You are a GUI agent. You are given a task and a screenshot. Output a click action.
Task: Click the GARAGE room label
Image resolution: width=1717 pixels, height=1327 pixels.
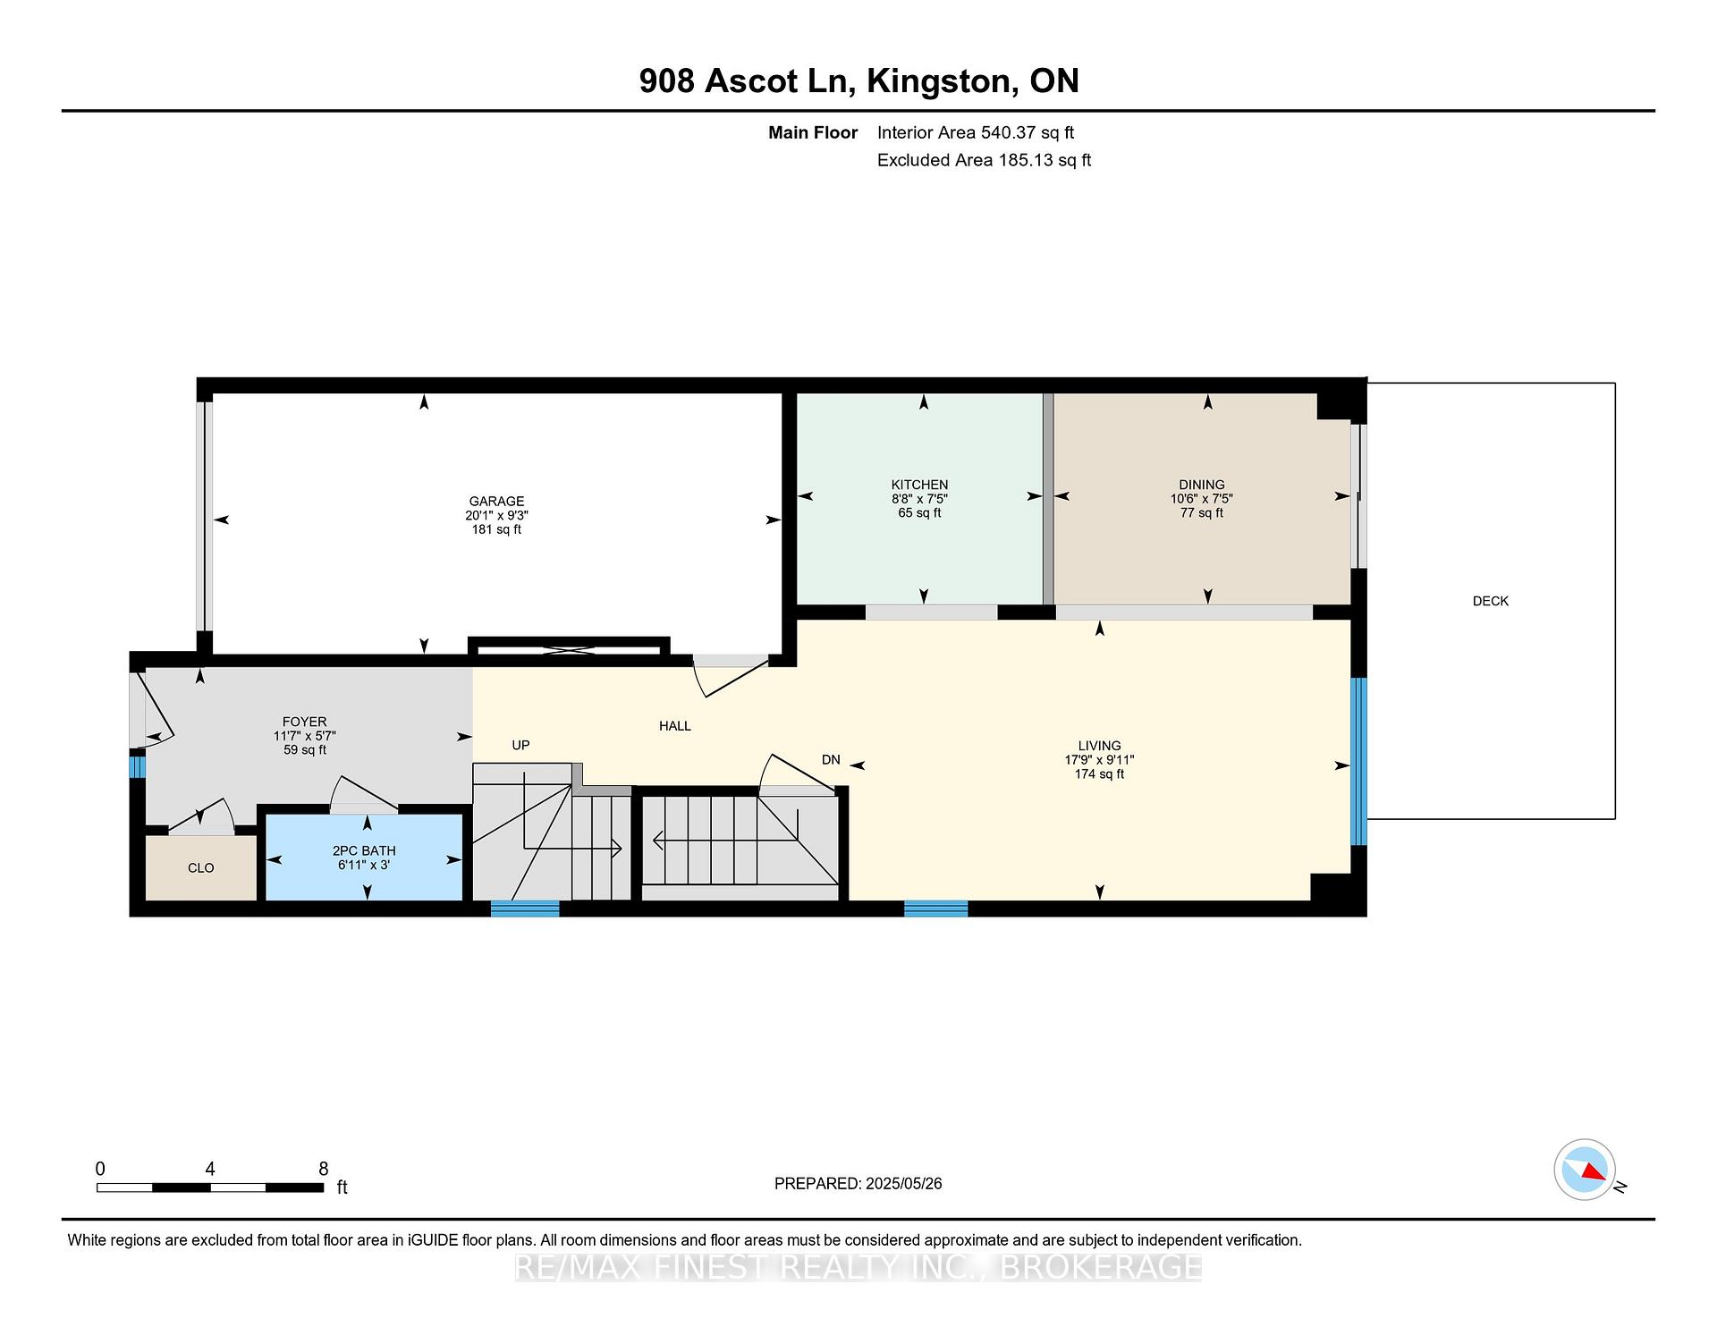pyautogui.click(x=496, y=501)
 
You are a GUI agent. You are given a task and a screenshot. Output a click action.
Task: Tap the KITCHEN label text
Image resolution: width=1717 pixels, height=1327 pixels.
pyautogui.click(x=919, y=485)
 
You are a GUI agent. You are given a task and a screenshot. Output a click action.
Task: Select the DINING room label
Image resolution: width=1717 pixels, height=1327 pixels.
pyautogui.click(x=1202, y=485)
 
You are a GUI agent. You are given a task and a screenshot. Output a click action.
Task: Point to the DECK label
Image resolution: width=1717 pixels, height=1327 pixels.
pyautogui.click(x=1491, y=601)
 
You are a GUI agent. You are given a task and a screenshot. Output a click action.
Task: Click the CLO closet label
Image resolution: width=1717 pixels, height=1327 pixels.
pyautogui.click(x=201, y=867)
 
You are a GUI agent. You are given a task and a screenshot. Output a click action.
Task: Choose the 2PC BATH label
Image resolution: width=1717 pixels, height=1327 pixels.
pyautogui.click(x=364, y=850)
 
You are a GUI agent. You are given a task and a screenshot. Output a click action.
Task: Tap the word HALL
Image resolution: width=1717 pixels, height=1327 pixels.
pyautogui.click(x=675, y=726)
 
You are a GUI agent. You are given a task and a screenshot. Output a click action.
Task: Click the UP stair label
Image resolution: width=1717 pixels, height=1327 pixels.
pyautogui.click(x=520, y=745)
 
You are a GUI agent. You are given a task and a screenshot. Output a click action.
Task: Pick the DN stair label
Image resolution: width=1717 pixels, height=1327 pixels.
pyautogui.click(x=831, y=759)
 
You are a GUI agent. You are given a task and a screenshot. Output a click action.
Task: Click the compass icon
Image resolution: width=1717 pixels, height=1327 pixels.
pyautogui.click(x=1585, y=1170)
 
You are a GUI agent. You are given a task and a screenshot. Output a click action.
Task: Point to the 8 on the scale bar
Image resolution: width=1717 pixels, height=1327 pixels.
pyautogui.click(x=324, y=1169)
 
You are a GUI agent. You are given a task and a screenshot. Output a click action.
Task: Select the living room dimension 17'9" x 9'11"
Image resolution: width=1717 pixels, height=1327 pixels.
pyautogui.click(x=1099, y=760)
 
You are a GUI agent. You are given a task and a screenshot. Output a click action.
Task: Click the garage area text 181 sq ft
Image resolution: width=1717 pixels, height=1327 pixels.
pyautogui.click(x=496, y=529)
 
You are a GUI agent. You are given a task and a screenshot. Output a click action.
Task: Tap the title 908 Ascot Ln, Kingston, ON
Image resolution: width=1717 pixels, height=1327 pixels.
pyautogui.click(x=858, y=80)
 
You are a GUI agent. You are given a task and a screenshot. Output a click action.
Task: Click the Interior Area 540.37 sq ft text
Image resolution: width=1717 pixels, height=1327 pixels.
pyautogui.click(x=976, y=132)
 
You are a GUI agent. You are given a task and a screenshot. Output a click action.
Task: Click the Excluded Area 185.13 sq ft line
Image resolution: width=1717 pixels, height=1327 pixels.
pyautogui.click(x=984, y=160)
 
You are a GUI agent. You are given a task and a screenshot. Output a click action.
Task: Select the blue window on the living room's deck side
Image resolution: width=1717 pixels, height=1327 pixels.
pyautogui.click(x=1358, y=761)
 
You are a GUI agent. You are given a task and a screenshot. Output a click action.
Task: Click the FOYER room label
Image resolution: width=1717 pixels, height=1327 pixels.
pyautogui.click(x=305, y=722)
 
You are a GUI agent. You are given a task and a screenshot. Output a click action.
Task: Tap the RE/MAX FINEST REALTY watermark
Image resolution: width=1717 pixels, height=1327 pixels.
pyautogui.click(x=858, y=1267)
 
